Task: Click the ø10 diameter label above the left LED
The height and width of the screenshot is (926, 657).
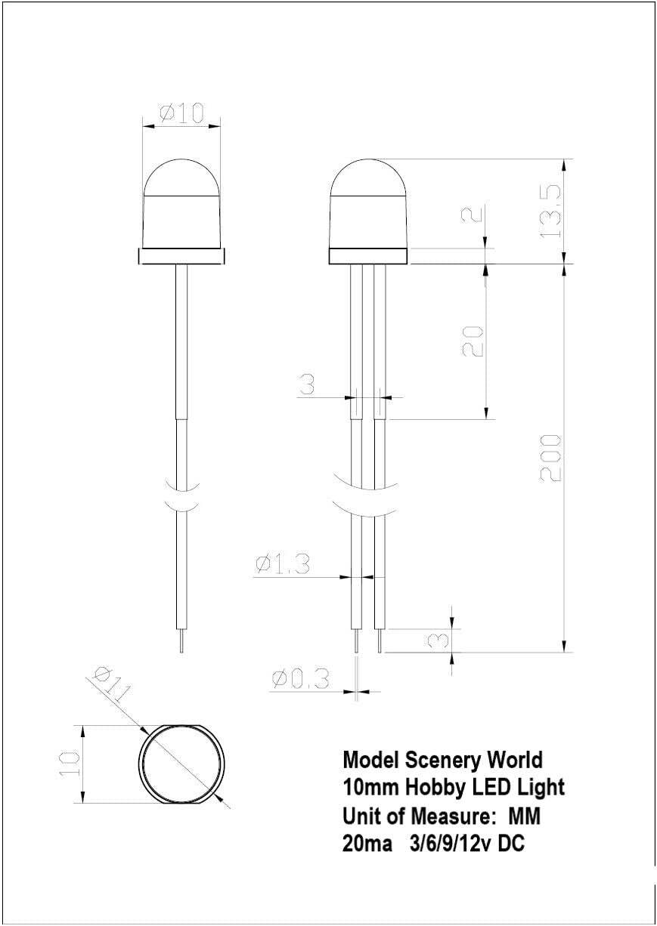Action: (181, 113)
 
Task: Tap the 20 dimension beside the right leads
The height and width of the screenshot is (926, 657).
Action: (472, 341)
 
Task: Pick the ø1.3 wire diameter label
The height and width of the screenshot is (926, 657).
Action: (283, 563)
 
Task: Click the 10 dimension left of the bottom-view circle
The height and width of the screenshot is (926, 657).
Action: (69, 764)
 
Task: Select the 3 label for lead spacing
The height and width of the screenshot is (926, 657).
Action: (306, 385)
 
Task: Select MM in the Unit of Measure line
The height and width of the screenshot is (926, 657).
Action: (525, 816)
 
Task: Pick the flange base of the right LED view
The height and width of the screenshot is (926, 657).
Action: (369, 257)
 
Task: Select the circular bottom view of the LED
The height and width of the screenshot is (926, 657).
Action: (183, 764)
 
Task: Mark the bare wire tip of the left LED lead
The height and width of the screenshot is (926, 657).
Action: (181, 643)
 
